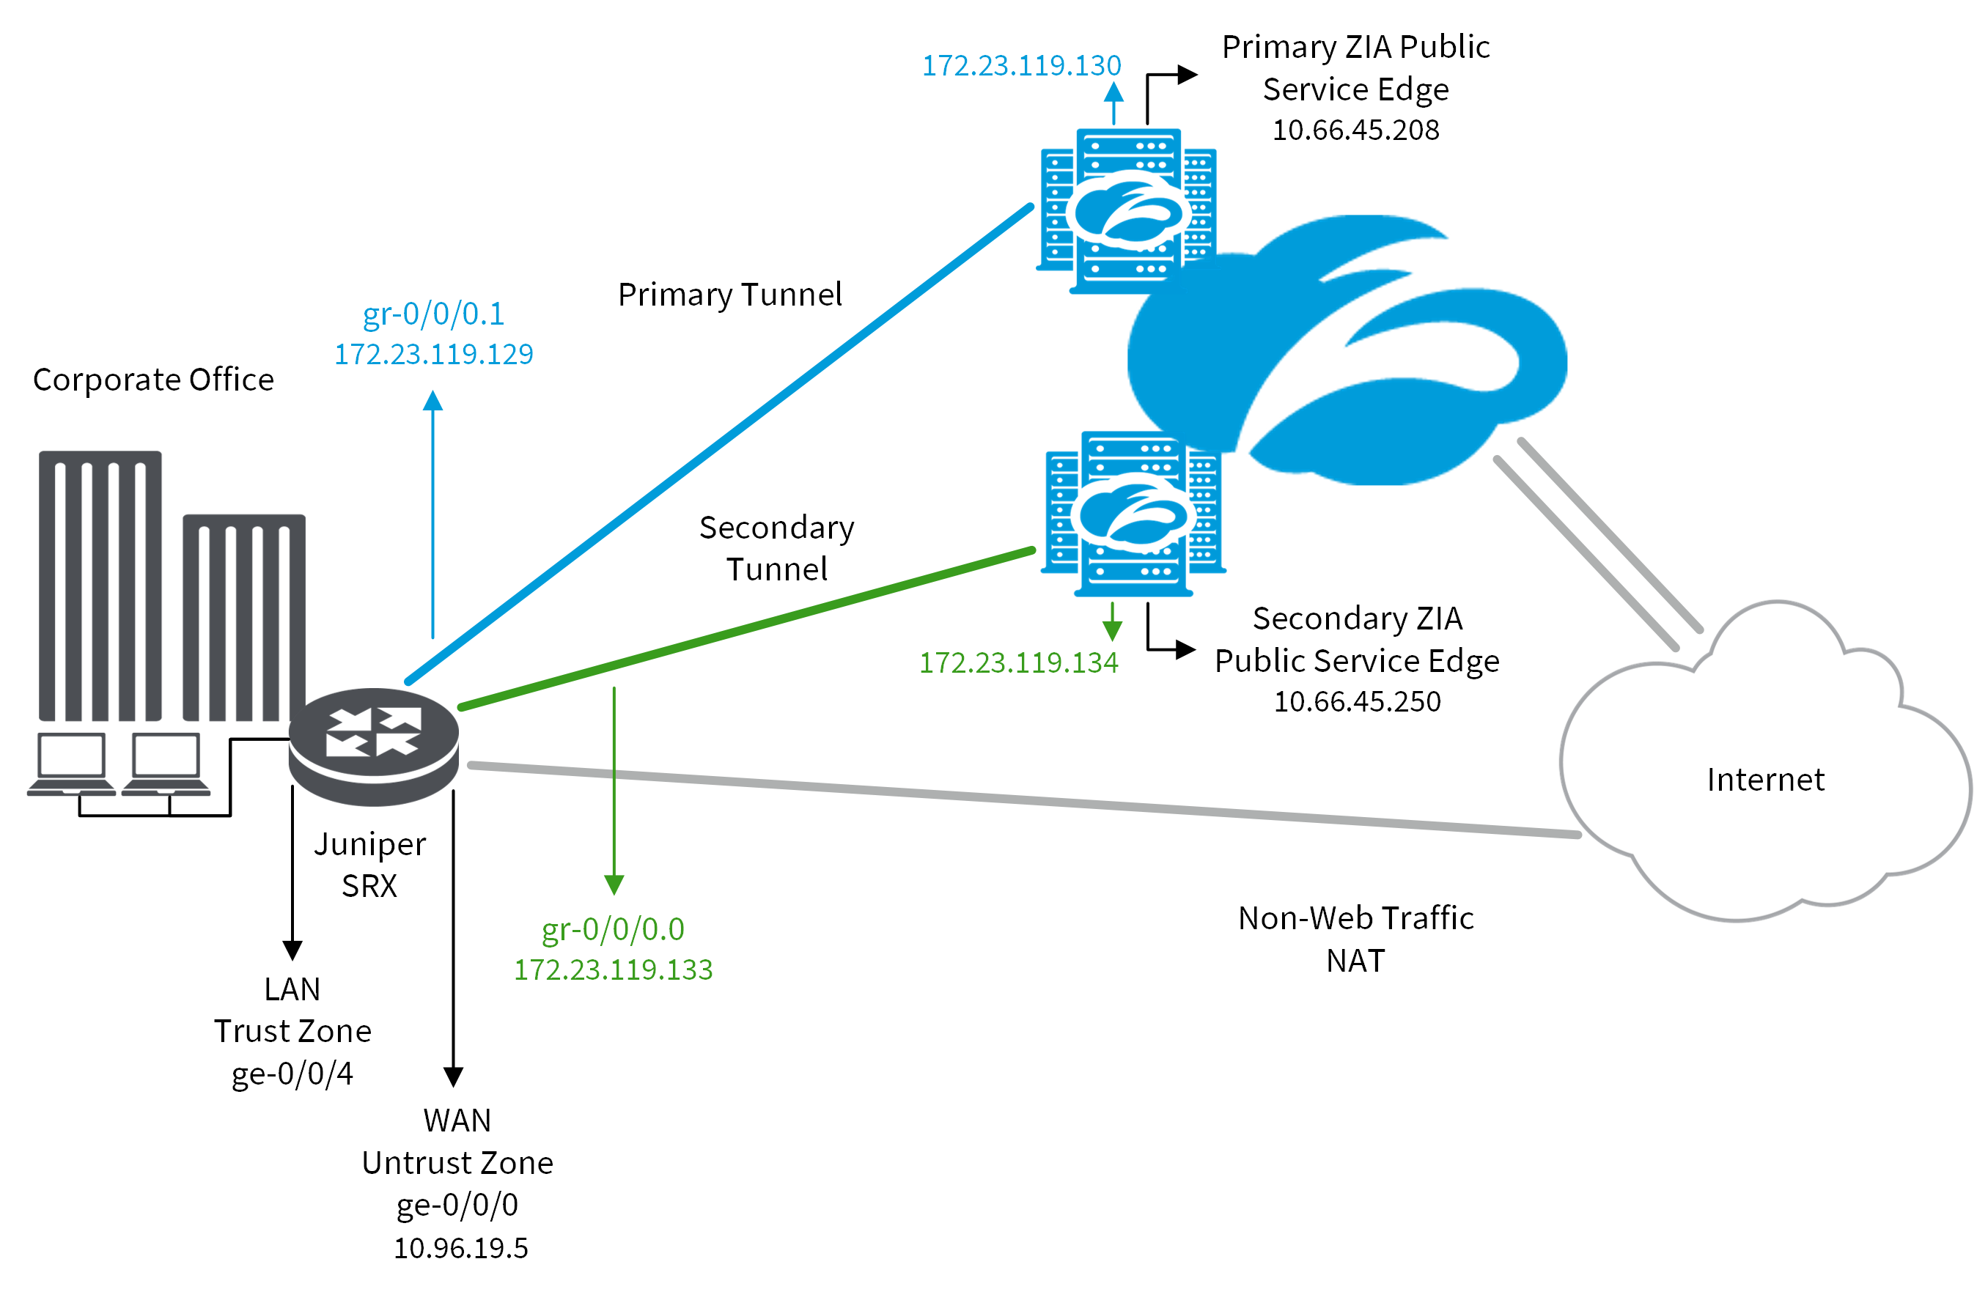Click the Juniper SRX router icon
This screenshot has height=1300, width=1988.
point(373,745)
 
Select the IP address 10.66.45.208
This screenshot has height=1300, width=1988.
point(1355,130)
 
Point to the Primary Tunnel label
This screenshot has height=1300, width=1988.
point(729,295)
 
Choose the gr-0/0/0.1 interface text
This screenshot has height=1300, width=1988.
point(433,314)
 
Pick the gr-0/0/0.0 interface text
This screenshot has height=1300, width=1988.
point(612,929)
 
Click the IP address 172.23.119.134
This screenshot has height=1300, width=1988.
point(1018,662)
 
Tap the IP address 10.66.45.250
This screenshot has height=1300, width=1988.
point(1357,701)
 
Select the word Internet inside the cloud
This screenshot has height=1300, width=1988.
point(1765,779)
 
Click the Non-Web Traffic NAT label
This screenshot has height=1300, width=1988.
point(1355,939)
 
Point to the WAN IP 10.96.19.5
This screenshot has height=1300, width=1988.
point(460,1248)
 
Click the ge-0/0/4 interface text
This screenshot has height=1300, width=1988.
point(292,1074)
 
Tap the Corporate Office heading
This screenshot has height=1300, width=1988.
point(153,380)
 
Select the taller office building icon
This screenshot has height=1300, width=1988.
point(100,585)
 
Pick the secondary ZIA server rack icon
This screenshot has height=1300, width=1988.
point(1132,514)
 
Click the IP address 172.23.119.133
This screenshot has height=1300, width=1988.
point(612,970)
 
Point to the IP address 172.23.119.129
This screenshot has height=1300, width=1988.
point(433,354)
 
